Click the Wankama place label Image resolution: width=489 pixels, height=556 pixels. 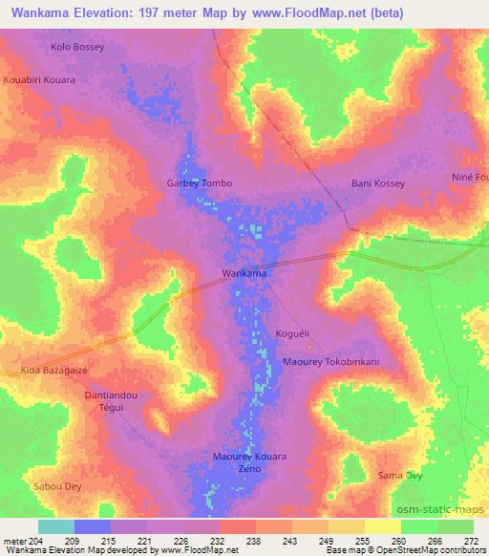coord(244,273)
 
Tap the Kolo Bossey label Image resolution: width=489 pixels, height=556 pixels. coord(76,45)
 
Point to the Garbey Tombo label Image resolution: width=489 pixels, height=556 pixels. coord(200,182)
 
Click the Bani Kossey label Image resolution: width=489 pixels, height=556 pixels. coord(378,182)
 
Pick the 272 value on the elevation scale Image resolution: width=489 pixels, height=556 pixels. coord(472,540)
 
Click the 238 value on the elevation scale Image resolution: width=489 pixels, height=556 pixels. coord(254,540)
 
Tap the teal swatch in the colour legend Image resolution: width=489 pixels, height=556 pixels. coord(56,526)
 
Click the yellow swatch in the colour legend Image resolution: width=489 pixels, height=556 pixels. coord(382,526)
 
